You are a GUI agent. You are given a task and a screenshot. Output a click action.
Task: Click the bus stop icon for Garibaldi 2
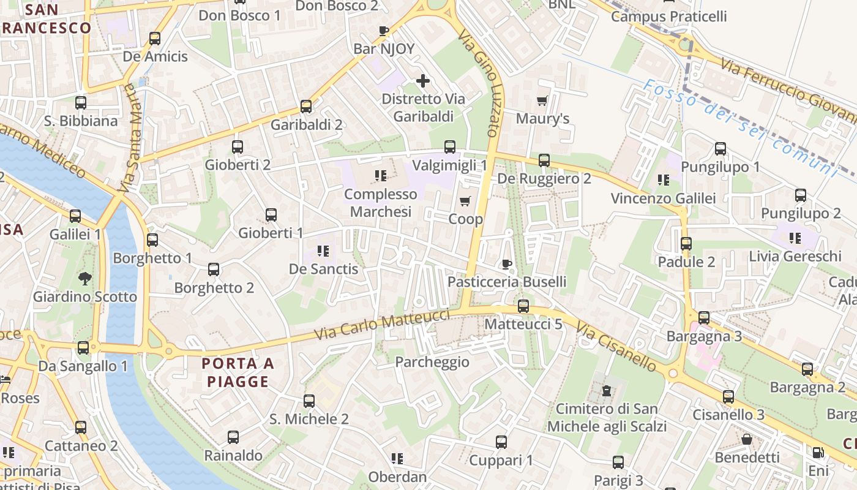pos(306,107)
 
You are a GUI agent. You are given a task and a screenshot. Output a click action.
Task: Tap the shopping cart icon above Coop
pos(465,202)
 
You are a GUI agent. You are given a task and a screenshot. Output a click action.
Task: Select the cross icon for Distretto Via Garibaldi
pos(422,81)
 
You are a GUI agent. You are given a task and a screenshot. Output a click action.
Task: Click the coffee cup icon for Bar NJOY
pos(384,31)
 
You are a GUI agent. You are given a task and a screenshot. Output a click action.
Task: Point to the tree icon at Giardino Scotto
pos(84,279)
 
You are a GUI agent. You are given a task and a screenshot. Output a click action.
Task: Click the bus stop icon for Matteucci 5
pos(523,306)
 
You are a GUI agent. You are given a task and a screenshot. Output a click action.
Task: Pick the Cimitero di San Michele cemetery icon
pos(607,390)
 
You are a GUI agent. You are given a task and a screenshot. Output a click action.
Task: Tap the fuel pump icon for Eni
pos(818,453)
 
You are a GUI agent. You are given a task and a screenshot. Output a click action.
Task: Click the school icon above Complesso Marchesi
pos(381,176)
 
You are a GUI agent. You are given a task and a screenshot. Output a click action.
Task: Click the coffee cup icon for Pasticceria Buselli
pos(506,264)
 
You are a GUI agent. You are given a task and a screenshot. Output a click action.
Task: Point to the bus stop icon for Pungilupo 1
pos(720,149)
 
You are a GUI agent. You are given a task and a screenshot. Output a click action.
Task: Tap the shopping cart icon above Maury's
pos(542,100)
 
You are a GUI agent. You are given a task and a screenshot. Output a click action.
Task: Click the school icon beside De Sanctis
pos(323,251)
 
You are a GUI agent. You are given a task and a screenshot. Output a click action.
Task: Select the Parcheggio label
pos(432,362)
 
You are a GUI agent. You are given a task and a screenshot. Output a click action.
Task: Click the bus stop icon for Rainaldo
pos(233,437)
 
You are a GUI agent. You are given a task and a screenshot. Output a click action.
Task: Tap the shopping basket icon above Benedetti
pos(747,439)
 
